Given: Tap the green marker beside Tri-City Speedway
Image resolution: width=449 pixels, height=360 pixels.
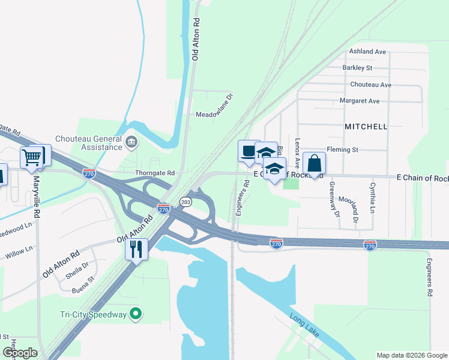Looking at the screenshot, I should [136, 313].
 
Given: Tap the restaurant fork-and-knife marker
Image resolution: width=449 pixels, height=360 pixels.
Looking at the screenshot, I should [136, 248].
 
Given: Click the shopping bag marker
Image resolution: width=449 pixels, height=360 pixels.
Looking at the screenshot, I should [315, 163].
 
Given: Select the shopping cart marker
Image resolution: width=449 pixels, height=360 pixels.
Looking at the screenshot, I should [32, 158].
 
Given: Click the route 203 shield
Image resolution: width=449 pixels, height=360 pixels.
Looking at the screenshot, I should [185, 202].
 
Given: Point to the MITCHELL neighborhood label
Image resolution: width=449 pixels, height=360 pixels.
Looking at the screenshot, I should [366, 127].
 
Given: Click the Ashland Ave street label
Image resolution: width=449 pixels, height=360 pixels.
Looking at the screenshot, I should [367, 52].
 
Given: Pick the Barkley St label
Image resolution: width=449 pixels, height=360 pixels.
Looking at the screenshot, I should [358, 68].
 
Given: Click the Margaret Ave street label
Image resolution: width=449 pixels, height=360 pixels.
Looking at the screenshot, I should [360, 101].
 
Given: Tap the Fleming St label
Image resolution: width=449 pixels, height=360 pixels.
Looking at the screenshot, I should [342, 149].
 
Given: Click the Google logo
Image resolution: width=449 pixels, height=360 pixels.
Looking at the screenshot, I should [20, 353].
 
